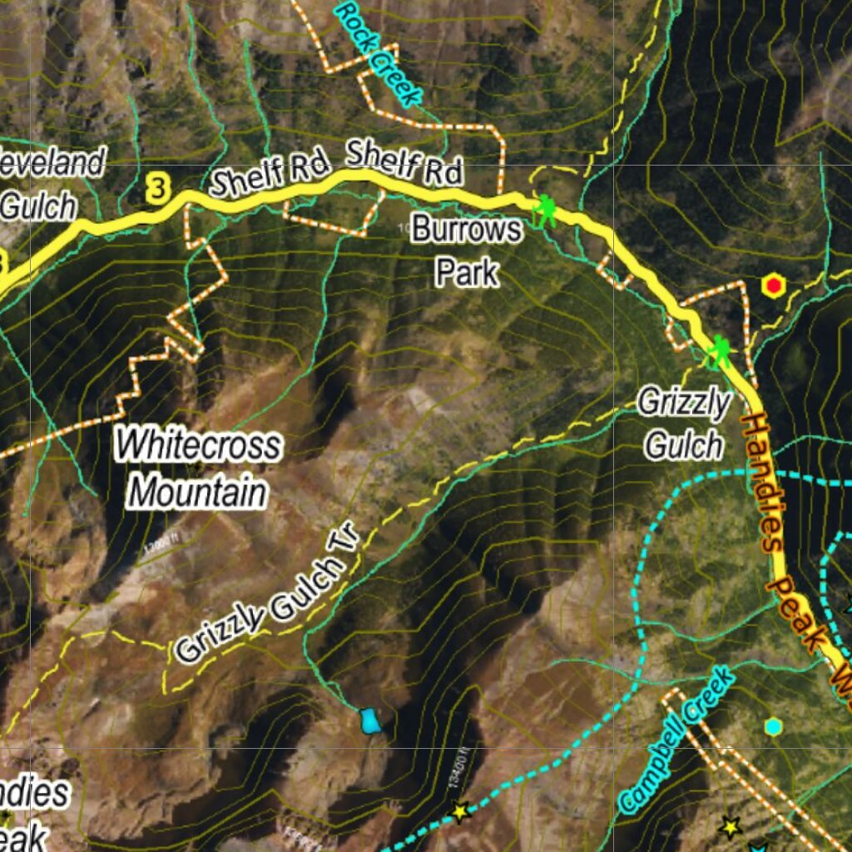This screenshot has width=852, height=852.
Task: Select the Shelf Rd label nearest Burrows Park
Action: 404,163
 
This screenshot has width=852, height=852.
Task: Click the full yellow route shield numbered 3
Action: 156,188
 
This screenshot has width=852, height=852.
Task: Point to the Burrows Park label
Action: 466,250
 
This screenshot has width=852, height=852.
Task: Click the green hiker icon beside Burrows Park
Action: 545,211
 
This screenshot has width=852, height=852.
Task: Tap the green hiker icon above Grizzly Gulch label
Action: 719,352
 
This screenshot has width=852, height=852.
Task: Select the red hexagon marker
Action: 774,286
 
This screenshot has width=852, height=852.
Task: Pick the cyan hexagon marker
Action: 774,726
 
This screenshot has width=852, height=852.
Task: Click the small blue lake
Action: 369,721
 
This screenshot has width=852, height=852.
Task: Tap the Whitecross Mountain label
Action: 198,468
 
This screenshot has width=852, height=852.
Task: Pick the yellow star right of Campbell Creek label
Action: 730,826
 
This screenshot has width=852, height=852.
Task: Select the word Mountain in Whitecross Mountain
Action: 198,492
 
